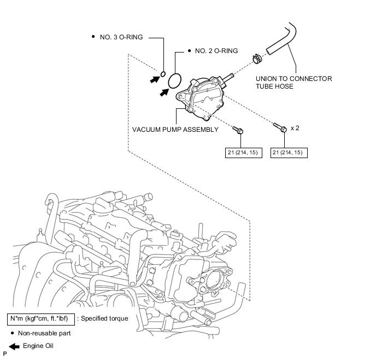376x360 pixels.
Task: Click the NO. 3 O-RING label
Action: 121,37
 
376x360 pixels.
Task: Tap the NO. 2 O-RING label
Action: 216,51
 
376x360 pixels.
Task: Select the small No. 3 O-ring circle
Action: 163,74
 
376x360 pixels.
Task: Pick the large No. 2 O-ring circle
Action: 174,81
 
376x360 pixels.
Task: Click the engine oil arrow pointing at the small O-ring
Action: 155,79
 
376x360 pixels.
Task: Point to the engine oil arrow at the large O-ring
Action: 164,92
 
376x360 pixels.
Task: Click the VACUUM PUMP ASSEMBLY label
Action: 175,130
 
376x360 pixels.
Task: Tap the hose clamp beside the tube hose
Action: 257,59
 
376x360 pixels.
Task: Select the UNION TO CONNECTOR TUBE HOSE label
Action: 294,83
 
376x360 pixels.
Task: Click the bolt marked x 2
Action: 280,127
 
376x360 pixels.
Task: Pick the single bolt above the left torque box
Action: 238,130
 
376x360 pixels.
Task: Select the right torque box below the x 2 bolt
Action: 289,153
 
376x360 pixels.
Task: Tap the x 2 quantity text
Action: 295,128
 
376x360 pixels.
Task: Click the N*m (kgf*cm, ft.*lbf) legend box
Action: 41,320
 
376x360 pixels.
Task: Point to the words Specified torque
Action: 104,318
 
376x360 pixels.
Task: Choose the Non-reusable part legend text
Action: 44,333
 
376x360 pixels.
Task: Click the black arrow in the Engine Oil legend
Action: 14,346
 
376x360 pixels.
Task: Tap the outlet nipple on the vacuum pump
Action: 229,77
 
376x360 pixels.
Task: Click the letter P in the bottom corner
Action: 5,354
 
